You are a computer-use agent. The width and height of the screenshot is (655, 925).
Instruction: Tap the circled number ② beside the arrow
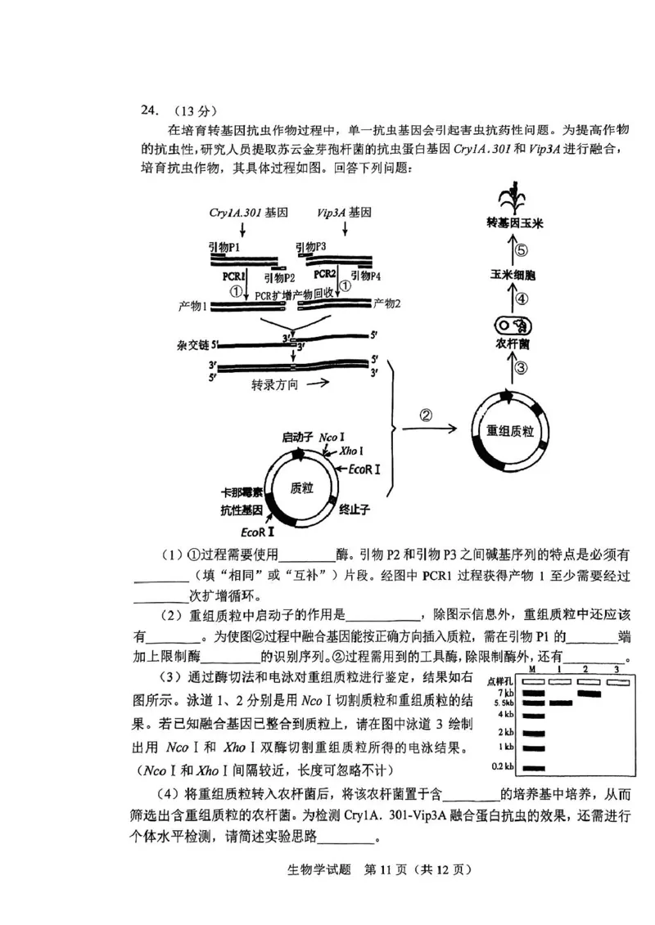(x=427, y=415)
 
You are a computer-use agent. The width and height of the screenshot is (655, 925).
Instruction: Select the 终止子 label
(x=355, y=510)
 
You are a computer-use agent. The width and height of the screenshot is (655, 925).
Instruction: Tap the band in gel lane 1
(x=560, y=702)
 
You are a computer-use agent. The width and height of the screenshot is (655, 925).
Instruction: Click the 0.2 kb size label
(x=501, y=766)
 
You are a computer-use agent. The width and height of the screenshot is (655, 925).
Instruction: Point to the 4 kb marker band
(x=533, y=715)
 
